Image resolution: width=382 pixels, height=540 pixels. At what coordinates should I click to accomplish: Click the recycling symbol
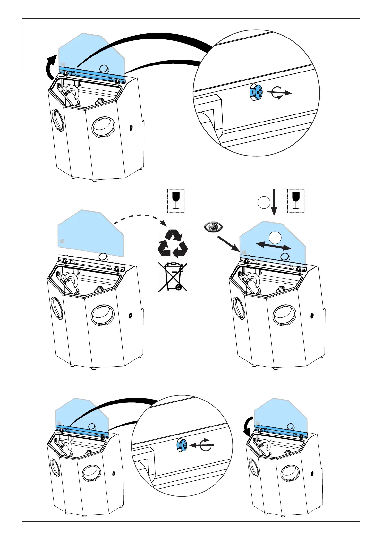click(x=173, y=244)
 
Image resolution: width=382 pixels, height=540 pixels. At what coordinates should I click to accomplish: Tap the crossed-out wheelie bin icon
click(x=173, y=277)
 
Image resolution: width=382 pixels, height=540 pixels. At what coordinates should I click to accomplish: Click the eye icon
click(x=213, y=227)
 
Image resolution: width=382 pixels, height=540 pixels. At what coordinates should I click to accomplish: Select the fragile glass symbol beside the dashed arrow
click(x=176, y=201)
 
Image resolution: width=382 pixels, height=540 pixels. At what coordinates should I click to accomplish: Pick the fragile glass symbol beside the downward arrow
click(x=296, y=201)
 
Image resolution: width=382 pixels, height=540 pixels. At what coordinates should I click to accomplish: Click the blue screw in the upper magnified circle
click(x=256, y=93)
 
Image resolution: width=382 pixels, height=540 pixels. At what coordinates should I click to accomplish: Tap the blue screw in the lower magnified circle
click(x=182, y=445)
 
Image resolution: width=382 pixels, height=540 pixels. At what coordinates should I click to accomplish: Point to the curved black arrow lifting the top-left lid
click(x=50, y=67)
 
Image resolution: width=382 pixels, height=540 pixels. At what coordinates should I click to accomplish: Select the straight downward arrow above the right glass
click(x=274, y=202)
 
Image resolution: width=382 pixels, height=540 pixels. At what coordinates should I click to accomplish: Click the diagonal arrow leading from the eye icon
click(x=228, y=244)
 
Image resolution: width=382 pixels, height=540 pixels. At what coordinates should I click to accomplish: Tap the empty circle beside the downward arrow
click(x=264, y=203)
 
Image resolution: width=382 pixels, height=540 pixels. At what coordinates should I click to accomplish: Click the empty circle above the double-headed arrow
click(x=275, y=237)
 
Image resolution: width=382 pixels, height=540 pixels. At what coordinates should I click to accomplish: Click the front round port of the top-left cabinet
click(x=103, y=127)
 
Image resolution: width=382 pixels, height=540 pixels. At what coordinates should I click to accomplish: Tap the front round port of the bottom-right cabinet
click(x=290, y=473)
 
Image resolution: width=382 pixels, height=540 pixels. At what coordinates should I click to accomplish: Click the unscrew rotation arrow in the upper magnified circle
click(x=279, y=93)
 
